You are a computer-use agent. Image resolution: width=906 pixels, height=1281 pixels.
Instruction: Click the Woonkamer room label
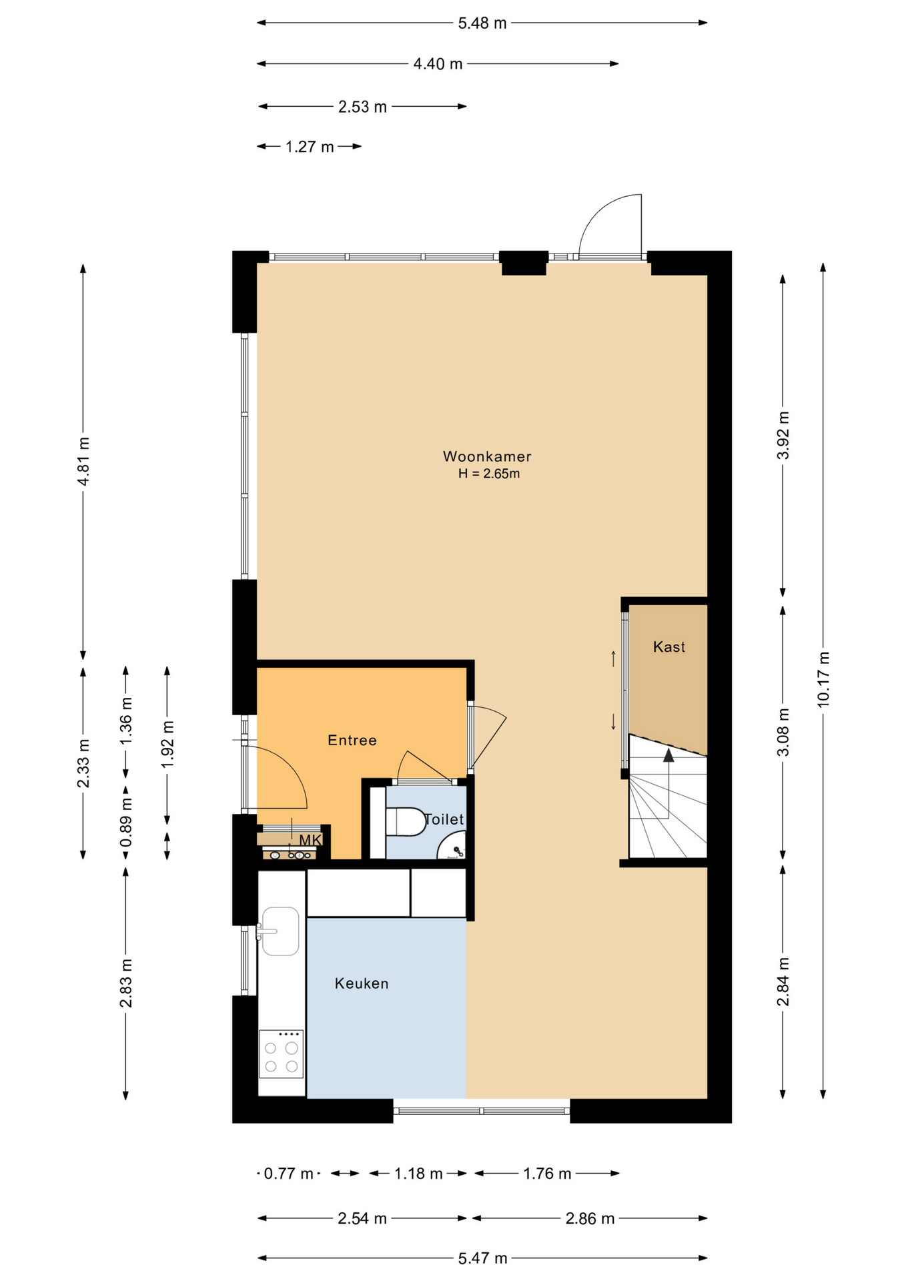(487, 456)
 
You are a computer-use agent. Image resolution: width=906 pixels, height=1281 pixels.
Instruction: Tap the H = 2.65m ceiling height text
(488, 474)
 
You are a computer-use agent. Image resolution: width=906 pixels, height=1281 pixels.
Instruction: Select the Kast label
(669, 647)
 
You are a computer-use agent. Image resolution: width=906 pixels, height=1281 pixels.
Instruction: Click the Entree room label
(352, 740)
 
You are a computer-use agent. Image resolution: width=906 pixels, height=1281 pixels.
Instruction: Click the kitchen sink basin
(281, 931)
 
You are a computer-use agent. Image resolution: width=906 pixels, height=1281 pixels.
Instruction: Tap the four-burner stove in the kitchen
(281, 1054)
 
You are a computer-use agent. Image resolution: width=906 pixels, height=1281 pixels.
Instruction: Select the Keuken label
(362, 983)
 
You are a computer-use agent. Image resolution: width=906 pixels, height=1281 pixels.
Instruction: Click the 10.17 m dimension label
(823, 679)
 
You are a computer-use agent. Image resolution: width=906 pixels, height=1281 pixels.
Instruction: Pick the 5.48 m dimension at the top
(482, 23)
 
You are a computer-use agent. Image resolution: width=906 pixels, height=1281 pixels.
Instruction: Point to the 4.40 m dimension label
(438, 64)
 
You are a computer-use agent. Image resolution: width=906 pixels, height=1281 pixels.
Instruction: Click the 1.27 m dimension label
(310, 147)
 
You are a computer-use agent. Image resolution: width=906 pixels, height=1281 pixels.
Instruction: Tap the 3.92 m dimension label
(783, 435)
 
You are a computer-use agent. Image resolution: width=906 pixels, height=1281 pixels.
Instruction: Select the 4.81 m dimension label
(83, 462)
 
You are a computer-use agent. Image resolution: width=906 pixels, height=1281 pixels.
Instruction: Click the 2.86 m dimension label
(590, 1219)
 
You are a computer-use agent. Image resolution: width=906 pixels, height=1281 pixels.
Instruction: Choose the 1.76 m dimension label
(547, 1174)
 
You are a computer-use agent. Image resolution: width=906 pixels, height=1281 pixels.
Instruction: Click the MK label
(310, 840)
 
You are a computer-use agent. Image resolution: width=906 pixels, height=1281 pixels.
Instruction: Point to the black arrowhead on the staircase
(668, 755)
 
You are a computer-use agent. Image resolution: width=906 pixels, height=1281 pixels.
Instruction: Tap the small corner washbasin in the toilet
(452, 846)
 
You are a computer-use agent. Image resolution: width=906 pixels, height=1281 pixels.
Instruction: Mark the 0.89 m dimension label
(126, 823)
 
